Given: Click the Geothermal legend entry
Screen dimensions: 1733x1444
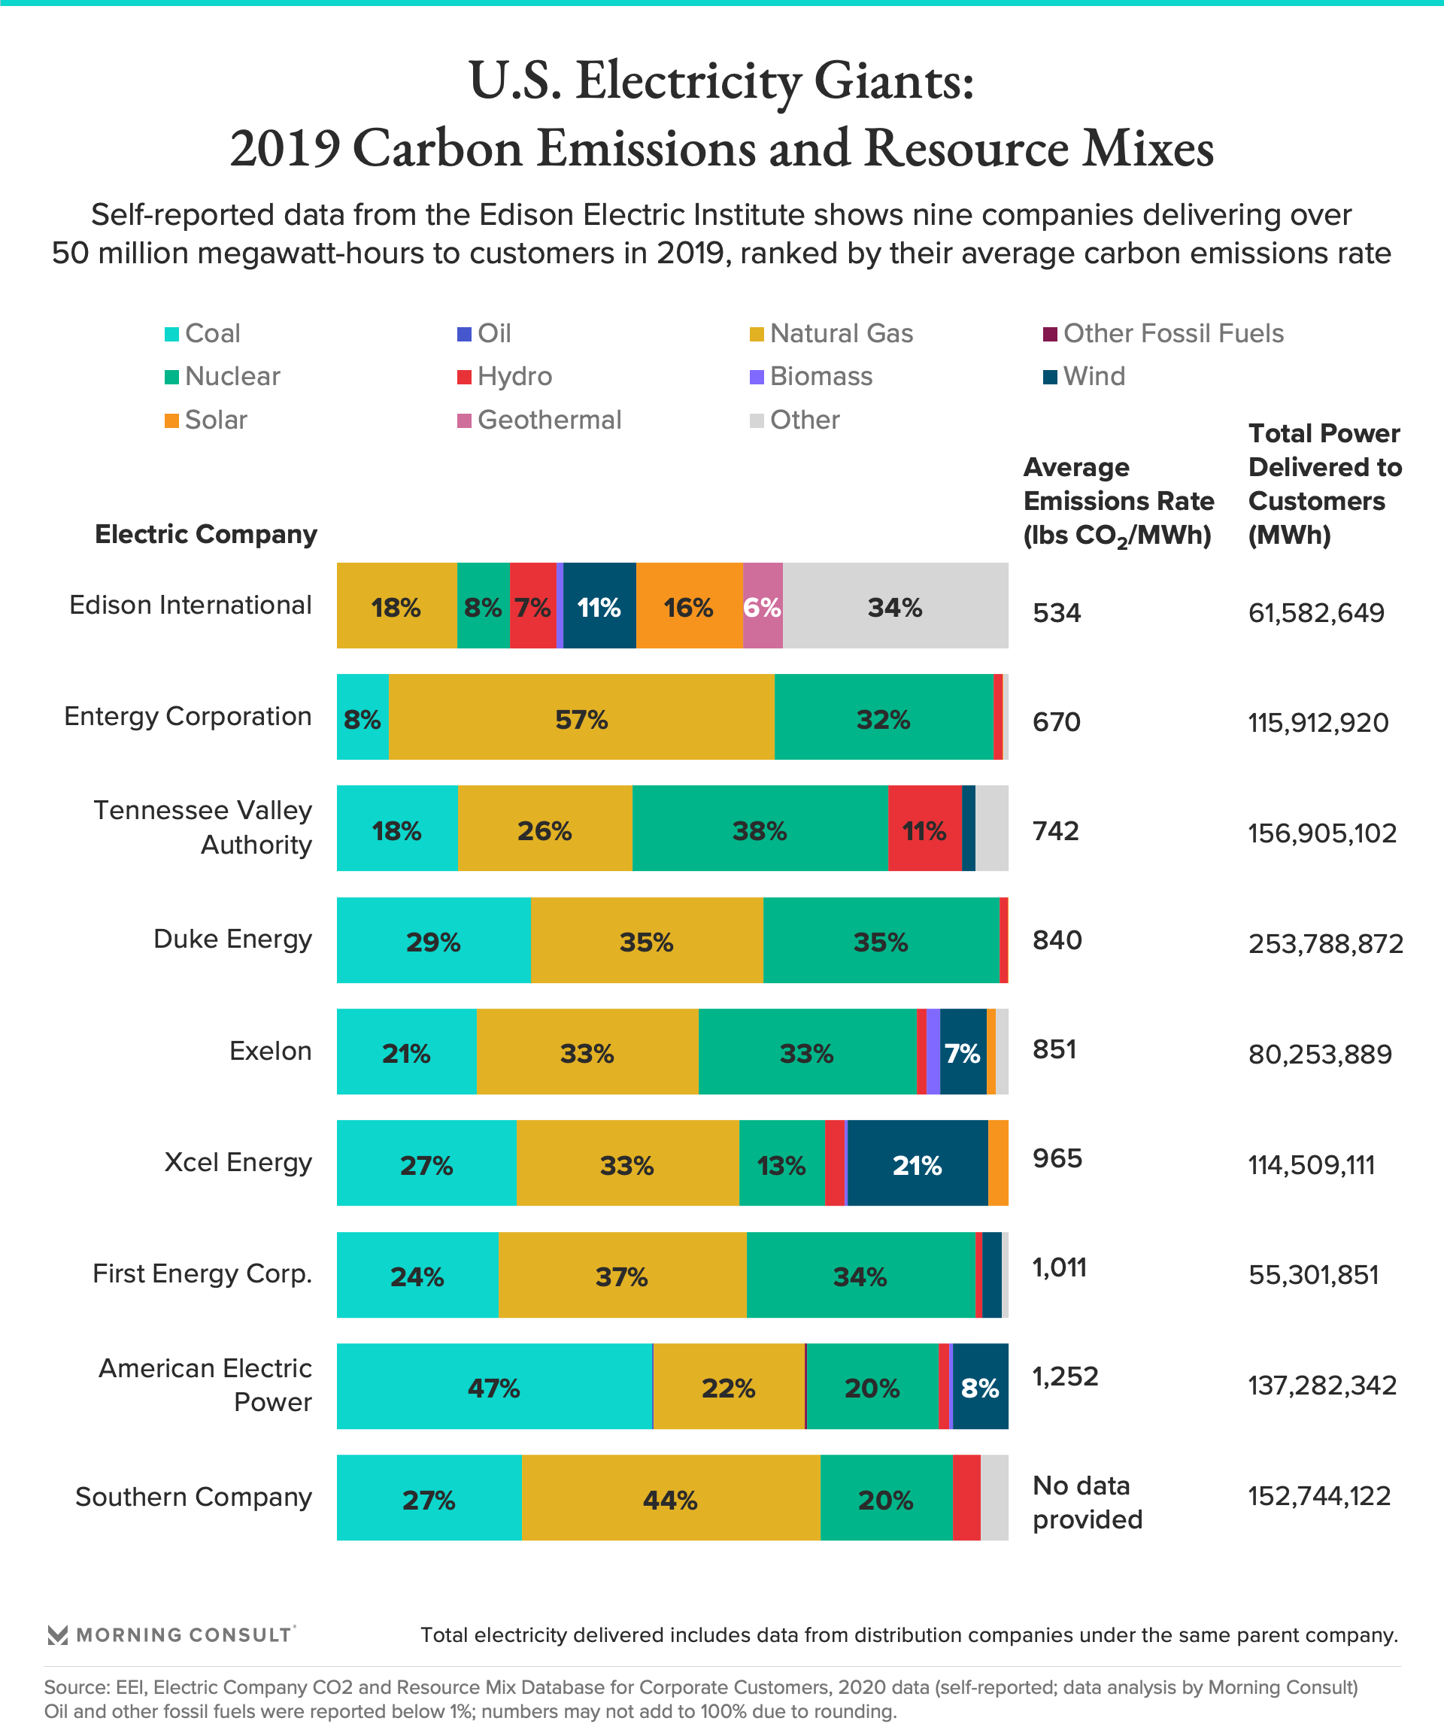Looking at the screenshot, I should pyautogui.click(x=540, y=420).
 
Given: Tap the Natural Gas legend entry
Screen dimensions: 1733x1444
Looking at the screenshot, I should pyautogui.click(x=832, y=333).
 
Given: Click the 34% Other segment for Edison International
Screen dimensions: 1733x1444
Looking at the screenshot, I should pyautogui.click(x=895, y=606).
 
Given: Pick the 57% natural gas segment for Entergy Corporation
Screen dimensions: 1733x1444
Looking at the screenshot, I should pyautogui.click(x=581, y=718).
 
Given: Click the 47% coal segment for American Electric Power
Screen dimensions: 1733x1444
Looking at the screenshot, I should pyautogui.click(x=494, y=1387).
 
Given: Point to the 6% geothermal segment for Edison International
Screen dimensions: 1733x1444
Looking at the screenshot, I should pyautogui.click(x=763, y=606).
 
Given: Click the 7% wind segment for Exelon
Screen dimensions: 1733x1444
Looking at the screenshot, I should pyautogui.click(x=962, y=1052).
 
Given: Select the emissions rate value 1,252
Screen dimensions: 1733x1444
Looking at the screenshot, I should pyautogui.click(x=1065, y=1376).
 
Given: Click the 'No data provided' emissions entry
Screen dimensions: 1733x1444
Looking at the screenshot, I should pyautogui.click(x=1087, y=1502).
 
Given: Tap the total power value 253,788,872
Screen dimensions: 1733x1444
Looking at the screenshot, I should pyautogui.click(x=1325, y=943).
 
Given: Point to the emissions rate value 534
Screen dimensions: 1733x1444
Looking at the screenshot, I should pyautogui.click(x=1056, y=613).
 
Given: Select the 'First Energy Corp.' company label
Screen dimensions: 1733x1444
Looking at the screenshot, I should pyautogui.click(x=202, y=1273).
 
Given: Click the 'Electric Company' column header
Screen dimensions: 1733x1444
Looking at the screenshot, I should pyautogui.click(x=205, y=534).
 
